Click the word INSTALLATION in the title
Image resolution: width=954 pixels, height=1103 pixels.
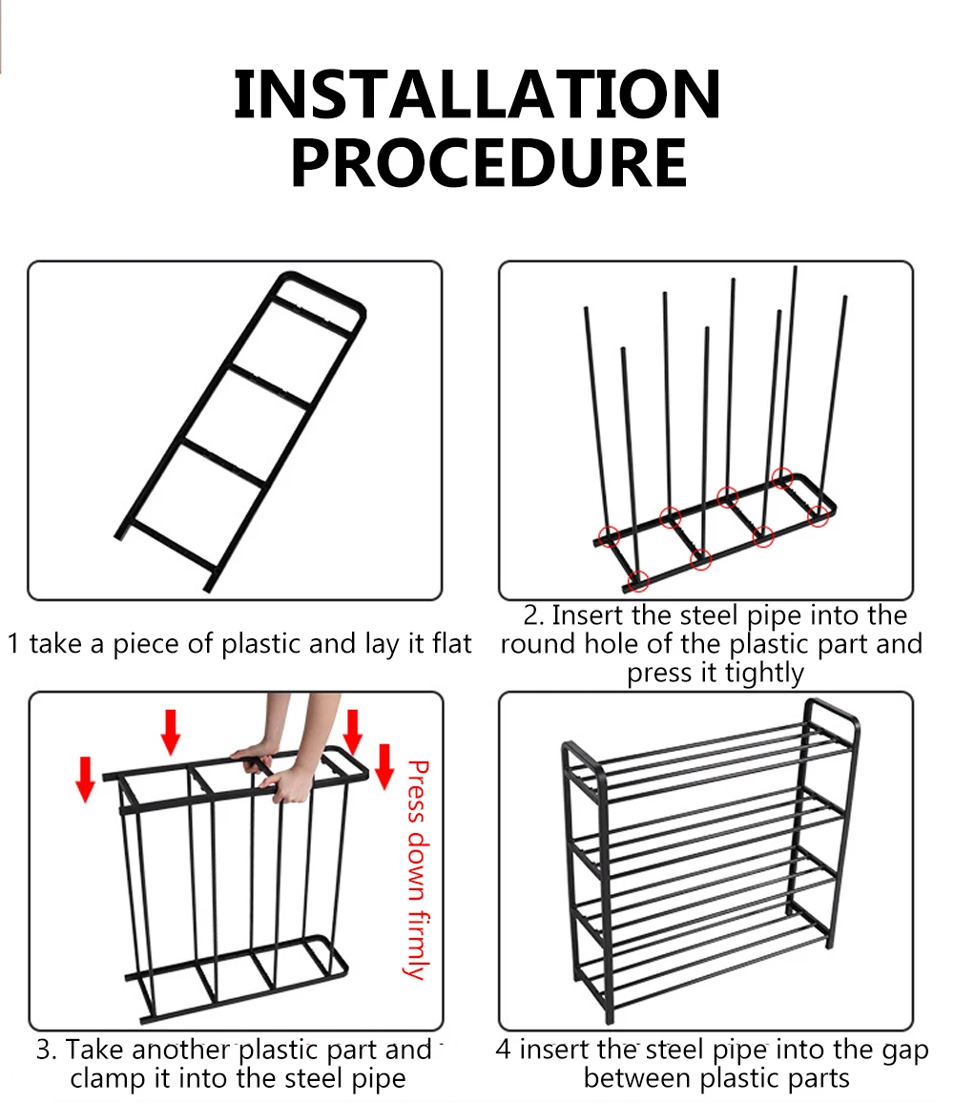[x=477, y=95]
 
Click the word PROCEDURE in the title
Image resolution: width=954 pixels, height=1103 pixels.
[x=488, y=163]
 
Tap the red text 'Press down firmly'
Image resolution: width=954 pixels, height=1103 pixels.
[x=417, y=868]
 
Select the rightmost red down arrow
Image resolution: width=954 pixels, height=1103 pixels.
[x=384, y=765]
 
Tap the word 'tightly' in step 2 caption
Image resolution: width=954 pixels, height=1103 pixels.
[x=764, y=673]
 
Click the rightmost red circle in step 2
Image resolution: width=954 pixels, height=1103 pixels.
[x=819, y=515]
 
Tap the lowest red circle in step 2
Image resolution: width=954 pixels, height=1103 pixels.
[x=638, y=579]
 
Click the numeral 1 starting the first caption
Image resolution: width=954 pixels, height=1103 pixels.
[x=13, y=644]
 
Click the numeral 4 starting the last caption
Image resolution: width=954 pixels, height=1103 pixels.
[x=503, y=1051]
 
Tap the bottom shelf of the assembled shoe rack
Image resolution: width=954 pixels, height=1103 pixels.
[x=706, y=954]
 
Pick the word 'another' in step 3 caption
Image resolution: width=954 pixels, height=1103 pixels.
[x=181, y=1051]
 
